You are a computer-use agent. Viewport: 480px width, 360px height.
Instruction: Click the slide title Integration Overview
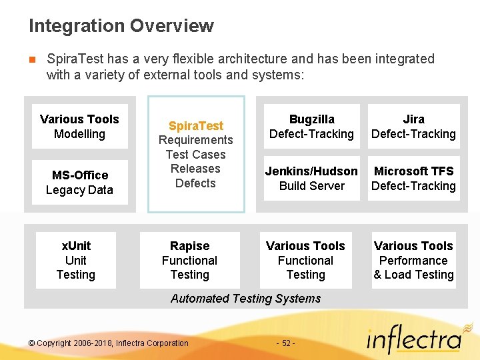click(121, 26)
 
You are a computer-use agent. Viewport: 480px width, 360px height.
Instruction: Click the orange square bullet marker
click(32, 59)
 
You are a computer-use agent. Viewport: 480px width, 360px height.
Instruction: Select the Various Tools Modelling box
click(79, 127)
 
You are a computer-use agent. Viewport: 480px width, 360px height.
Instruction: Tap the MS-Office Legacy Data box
click(79, 183)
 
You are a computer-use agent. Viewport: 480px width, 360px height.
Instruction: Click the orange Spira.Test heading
click(196, 125)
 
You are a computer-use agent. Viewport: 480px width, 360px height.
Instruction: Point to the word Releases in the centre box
click(195, 169)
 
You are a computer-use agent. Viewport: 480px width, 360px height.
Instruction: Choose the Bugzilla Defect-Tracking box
click(311, 127)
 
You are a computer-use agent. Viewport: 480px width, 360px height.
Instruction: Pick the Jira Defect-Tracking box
click(413, 127)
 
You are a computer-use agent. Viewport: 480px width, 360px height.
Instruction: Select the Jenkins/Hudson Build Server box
click(311, 179)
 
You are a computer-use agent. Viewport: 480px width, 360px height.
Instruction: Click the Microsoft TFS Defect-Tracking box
click(413, 179)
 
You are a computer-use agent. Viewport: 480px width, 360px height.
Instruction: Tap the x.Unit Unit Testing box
click(76, 260)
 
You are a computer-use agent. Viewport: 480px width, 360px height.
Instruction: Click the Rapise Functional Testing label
click(189, 260)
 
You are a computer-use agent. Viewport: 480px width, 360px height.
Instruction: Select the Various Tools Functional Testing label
click(305, 260)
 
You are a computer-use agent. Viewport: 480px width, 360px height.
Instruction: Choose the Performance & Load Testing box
click(413, 260)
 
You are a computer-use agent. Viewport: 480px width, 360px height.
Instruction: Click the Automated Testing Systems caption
click(245, 299)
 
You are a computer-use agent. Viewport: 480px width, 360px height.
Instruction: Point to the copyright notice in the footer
click(109, 343)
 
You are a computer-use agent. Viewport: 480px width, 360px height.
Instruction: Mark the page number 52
click(285, 343)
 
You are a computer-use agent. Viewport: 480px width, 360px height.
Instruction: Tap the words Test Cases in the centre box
click(195, 155)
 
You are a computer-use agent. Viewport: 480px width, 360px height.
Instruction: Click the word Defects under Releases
click(195, 183)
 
